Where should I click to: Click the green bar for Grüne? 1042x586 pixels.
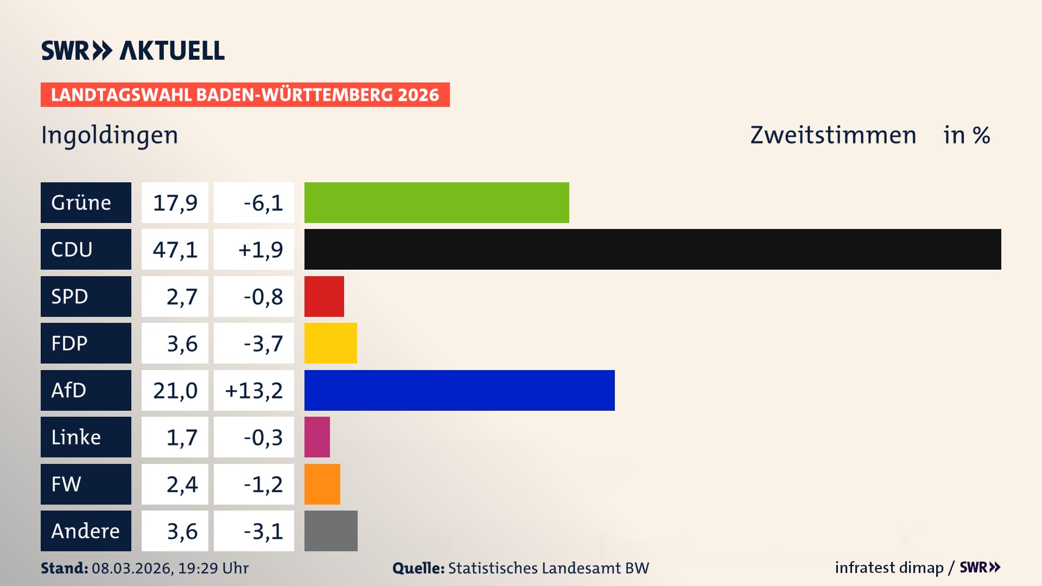pos(436,202)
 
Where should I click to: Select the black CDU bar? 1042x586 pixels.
pos(652,249)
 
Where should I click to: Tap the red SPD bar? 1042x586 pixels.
pos(324,296)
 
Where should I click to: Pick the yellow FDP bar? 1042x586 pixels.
pos(331,343)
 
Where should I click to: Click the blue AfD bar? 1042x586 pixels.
pos(459,390)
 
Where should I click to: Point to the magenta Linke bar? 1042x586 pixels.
pos(317,437)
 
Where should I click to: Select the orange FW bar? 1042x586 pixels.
pos(322,484)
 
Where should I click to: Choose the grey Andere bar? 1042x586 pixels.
pos(331,531)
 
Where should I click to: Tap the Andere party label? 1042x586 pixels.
pos(86,531)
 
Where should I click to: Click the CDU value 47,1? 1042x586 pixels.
pos(175,249)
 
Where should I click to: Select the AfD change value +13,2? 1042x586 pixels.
pos(253,390)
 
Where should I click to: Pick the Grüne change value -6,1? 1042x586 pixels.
pos(263,202)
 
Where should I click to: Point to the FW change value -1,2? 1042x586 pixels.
pos(263,484)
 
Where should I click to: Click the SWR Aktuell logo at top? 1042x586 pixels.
pos(132,50)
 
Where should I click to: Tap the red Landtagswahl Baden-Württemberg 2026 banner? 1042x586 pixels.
pos(245,94)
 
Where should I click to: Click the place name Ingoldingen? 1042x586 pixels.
pos(109,135)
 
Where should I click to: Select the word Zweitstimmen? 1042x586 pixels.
pos(833,135)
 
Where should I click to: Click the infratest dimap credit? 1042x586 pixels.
pos(888,568)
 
